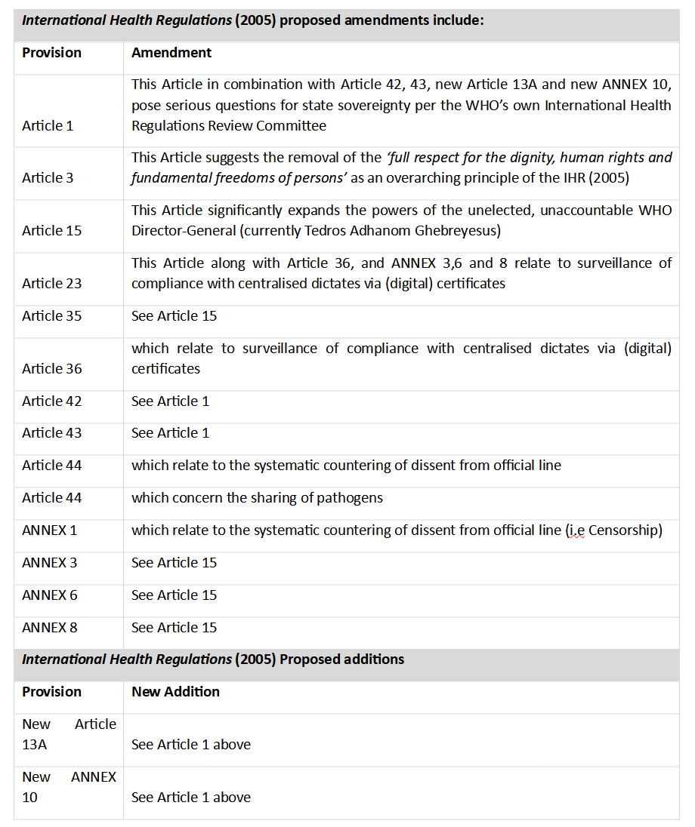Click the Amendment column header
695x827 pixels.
[171, 53]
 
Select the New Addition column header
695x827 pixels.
[175, 691]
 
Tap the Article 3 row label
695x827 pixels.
[48, 177]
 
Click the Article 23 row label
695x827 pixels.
[52, 283]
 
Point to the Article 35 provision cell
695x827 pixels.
[52, 315]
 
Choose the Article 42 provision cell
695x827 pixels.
[52, 401]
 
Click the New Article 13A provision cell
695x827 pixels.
[69, 734]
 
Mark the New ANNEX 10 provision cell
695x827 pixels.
[69, 787]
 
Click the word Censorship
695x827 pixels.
[625, 530]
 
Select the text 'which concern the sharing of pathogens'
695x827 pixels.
[257, 497]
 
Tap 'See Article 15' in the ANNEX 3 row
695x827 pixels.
[174, 562]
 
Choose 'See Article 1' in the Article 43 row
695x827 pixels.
[170, 432]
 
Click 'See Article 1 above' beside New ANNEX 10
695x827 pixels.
[191, 797]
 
